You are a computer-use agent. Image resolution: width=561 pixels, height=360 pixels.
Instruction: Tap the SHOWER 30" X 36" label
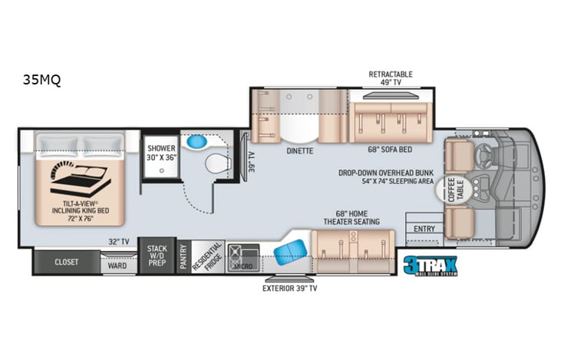click(162, 152)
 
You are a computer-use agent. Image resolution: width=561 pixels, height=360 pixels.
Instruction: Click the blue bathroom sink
click(198, 141)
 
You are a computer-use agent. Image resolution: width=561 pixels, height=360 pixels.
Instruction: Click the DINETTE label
click(299, 150)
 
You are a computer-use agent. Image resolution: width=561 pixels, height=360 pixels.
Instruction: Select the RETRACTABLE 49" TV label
click(391, 78)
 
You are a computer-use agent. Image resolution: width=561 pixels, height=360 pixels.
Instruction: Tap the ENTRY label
click(424, 229)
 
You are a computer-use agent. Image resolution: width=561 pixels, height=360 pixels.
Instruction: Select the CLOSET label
click(66, 262)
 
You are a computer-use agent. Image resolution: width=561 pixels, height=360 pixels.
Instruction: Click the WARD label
click(117, 266)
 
